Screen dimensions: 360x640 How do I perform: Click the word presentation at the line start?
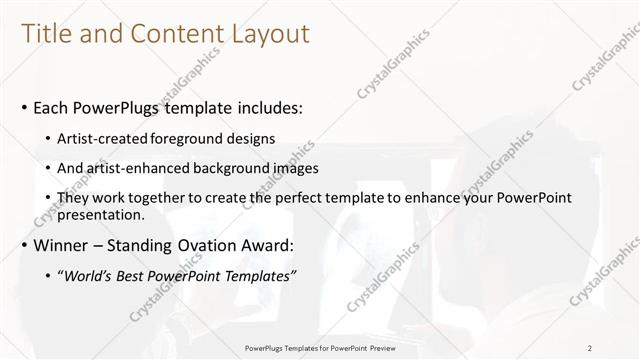tap(105, 214)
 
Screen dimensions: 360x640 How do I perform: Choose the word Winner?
tap(62, 244)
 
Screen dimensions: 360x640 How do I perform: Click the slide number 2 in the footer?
tap(590, 348)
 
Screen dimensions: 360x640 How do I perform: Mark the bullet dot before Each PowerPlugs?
tap(23, 108)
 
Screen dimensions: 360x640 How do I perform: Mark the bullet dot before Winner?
tap(23, 245)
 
